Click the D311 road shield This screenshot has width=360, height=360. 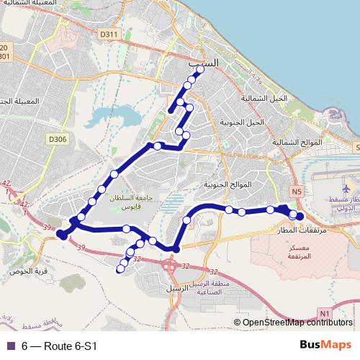(x=109, y=34)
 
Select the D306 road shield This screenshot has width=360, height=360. (x=57, y=139)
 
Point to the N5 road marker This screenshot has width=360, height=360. (x=297, y=191)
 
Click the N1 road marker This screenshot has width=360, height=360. (x=324, y=313)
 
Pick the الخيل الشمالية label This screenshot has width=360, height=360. (x=264, y=98)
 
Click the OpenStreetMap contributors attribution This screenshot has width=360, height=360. (x=297, y=323)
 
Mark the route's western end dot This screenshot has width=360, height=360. (x=62, y=234)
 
